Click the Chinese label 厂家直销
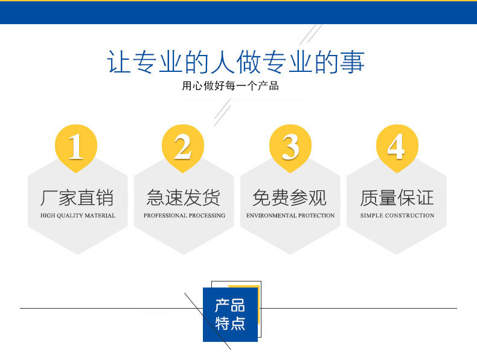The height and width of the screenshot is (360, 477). tap(77, 198)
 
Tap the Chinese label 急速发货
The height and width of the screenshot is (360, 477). tap(184, 198)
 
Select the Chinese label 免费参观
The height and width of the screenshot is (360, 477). tap(290, 198)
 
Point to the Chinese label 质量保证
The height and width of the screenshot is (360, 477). tap(397, 198)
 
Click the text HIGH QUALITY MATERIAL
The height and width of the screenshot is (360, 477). tap(78, 216)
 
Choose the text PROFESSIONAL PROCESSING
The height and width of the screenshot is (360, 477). tap(184, 216)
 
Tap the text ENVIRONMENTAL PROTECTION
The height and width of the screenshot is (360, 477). tap(290, 216)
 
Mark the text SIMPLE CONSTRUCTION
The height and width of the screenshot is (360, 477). tap(397, 216)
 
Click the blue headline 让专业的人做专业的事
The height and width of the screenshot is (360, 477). tap(235, 62)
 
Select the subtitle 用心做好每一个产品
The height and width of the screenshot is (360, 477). tap(230, 86)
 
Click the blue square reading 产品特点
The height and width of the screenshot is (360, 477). tap(230, 314)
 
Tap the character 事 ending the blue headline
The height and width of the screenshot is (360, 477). tap(353, 62)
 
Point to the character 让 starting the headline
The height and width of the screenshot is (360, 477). tap(120, 62)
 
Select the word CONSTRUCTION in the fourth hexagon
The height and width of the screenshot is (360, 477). tap(409, 216)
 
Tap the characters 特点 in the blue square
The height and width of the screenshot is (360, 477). tap(230, 323)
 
